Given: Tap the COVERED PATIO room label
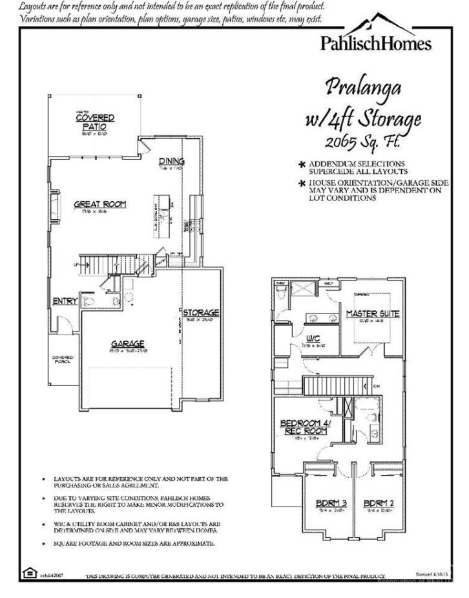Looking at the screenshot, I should (x=95, y=122).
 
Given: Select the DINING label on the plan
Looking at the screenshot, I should (x=172, y=161).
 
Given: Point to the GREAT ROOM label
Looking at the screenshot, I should (x=99, y=204).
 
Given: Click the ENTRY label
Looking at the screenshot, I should (x=65, y=301).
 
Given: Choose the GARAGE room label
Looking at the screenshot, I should (x=127, y=343).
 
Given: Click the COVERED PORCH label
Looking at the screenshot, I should (x=63, y=359).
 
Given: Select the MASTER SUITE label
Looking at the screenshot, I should (x=373, y=314).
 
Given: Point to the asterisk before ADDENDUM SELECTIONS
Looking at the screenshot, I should (x=302, y=164).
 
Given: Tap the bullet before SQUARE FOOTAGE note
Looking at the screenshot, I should (x=43, y=544).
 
